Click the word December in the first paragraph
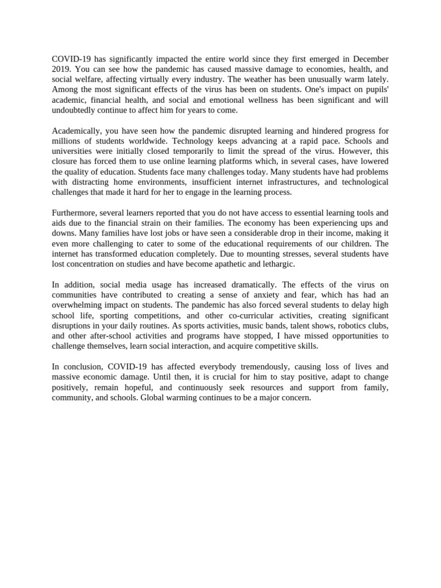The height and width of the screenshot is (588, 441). [370, 59]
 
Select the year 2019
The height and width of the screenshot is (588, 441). [61, 69]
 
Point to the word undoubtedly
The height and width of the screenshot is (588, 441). [73, 111]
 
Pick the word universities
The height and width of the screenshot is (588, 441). [73, 151]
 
